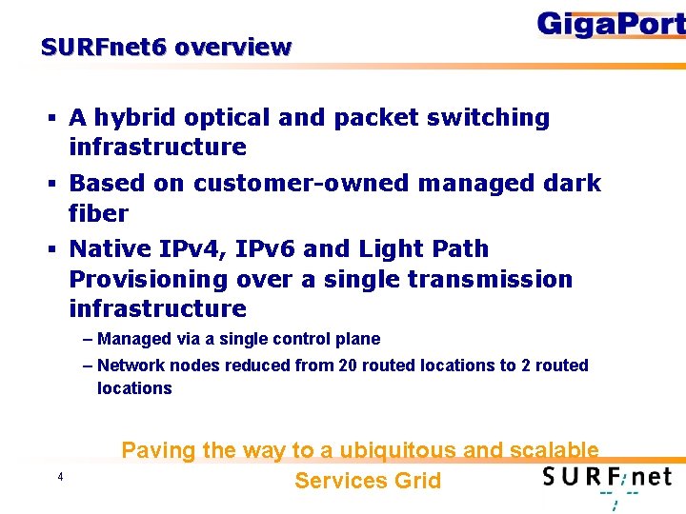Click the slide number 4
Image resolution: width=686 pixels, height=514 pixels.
point(60,477)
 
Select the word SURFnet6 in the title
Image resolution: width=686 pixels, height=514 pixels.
point(105,47)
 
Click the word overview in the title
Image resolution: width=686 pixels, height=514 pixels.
point(233,47)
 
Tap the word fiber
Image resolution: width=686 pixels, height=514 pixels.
point(99,212)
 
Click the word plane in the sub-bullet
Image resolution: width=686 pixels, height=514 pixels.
point(357,339)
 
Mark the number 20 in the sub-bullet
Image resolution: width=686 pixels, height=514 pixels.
point(345,366)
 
